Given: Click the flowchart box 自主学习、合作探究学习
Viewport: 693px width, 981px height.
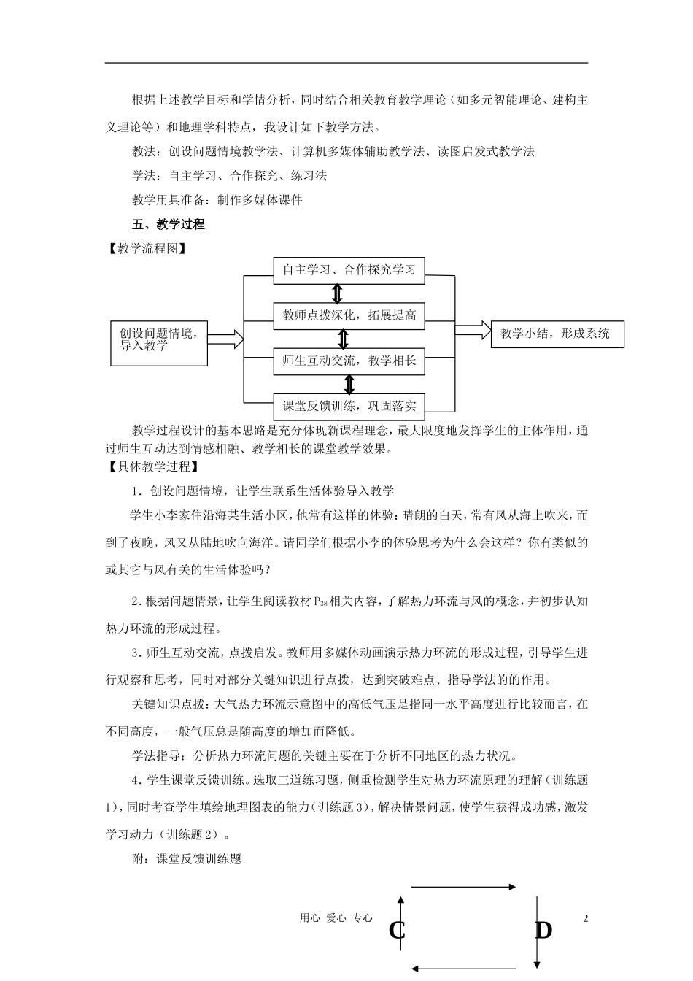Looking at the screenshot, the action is point(349,270).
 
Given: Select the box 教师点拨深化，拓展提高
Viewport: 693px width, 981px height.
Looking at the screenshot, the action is point(349,315).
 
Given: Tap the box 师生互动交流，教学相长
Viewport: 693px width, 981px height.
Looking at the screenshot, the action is point(349,360).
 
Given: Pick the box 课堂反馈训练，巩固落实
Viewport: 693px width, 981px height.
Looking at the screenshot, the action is point(349,405).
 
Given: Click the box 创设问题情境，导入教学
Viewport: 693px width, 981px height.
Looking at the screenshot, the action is point(158,339).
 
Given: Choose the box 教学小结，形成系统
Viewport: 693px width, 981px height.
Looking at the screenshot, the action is point(557,334).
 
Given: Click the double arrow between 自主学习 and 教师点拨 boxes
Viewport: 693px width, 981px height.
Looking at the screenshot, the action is point(336,293).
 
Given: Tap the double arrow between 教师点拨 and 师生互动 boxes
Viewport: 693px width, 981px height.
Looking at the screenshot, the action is point(344,338).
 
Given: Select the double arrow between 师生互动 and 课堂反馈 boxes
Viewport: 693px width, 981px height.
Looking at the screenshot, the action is point(349,383).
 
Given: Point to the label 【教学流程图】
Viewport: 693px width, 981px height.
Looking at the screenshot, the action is point(145,248).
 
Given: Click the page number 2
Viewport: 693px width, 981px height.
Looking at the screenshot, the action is point(585,917).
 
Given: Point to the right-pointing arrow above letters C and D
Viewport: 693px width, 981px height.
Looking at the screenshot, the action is point(464,887).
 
